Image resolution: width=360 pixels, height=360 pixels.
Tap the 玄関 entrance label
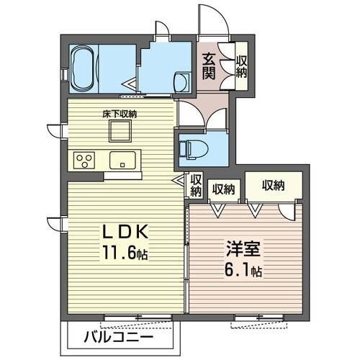[x=208, y=66]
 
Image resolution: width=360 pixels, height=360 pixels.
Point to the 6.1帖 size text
[x=242, y=274]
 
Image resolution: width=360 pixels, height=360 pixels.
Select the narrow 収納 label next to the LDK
[x=195, y=185]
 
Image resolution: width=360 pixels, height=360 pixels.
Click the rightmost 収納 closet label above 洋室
[x=273, y=186]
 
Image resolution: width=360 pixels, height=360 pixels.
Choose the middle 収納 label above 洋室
[x=222, y=189]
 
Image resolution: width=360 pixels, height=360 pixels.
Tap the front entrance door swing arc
[x=213, y=20]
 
